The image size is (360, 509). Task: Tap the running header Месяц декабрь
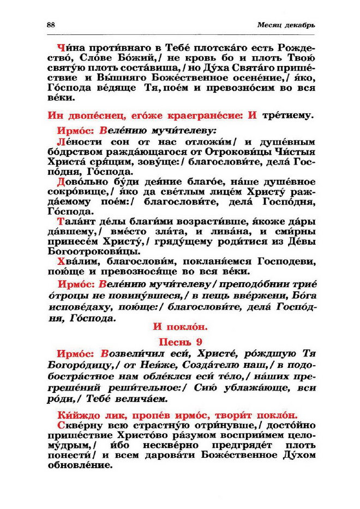pyautogui.click(x=286, y=26)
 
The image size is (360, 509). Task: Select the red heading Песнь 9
pyautogui.click(x=179, y=342)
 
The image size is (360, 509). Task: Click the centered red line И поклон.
pyautogui.click(x=179, y=328)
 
